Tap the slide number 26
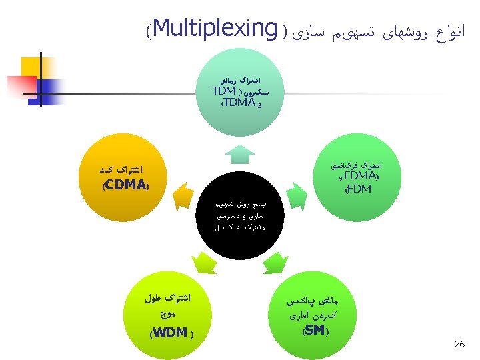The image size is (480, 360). click(459, 344)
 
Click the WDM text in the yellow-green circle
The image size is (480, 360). click(169, 333)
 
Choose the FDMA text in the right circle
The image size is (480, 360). click(360, 177)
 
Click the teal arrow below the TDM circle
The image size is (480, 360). click(239, 155)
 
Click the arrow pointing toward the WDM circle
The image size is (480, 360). click(203, 263)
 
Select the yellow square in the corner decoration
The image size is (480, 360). click(33, 67)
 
